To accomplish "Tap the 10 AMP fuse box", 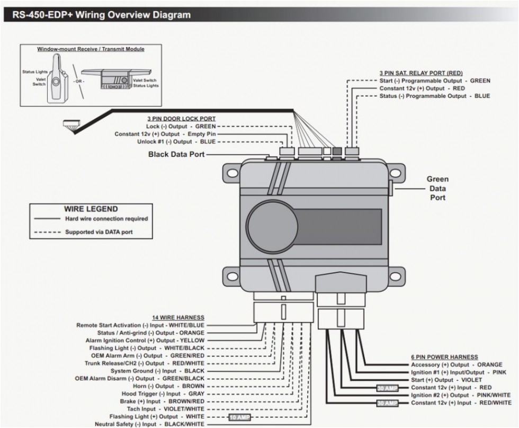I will pos(239,417).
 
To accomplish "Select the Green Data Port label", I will pos(437,189).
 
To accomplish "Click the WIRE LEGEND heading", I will pos(91,209).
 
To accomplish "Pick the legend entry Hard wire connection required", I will pos(106,219).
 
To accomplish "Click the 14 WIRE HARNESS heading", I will pos(178,317).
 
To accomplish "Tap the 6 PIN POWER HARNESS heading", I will pos(444,357).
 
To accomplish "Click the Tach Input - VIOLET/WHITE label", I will pos(167,409).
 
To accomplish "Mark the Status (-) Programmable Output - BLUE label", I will pos(434,96).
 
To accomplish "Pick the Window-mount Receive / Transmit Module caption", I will pos(91,49).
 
